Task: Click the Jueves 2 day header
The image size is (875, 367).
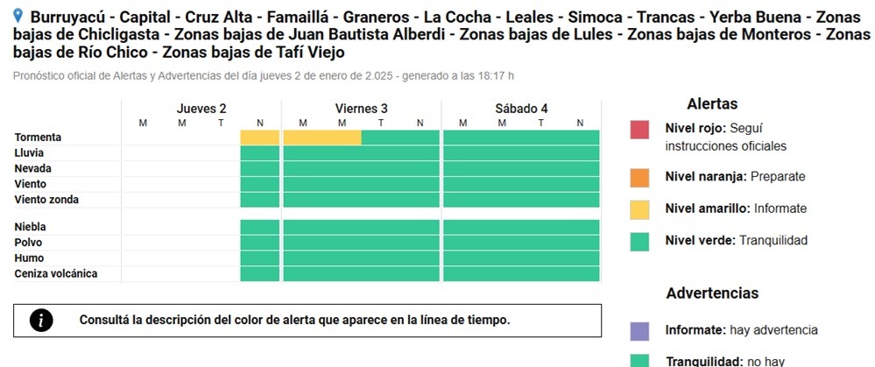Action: [x=201, y=109]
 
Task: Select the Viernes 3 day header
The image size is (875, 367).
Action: [x=361, y=109]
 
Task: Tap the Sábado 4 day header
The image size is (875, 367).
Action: [x=521, y=109]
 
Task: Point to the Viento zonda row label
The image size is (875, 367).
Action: [x=46, y=200]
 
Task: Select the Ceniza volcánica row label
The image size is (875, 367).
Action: [x=56, y=274]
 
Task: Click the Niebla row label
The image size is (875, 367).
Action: [x=28, y=227]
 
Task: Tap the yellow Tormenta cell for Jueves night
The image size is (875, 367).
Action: [x=259, y=138]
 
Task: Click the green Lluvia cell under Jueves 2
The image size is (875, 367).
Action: [x=259, y=153]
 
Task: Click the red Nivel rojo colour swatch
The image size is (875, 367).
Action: [x=639, y=130]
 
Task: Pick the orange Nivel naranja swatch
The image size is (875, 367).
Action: [x=639, y=177]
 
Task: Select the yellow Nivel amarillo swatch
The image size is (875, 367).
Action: [x=639, y=209]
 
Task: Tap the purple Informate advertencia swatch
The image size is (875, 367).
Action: [x=639, y=331]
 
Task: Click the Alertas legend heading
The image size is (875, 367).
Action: [x=712, y=104]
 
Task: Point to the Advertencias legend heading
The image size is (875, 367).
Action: [x=712, y=293]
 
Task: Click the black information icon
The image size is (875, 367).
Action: [x=41, y=321]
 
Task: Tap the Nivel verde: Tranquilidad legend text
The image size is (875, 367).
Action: [x=736, y=240]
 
